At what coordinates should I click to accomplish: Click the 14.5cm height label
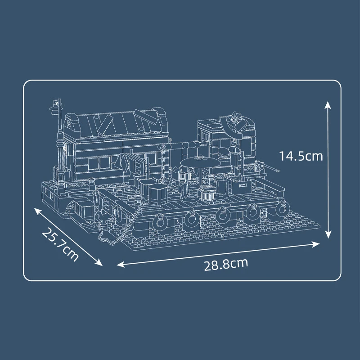coord(301,156)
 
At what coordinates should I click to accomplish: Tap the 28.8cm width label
coord(226,264)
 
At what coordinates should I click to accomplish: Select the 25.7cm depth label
coord(60,244)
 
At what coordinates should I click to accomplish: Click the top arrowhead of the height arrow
coord(328,105)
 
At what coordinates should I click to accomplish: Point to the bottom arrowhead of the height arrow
coord(328,234)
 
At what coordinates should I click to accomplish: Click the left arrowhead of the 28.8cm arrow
coord(121,264)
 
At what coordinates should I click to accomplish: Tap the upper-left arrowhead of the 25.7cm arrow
coord(38,211)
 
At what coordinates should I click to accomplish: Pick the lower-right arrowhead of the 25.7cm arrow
coord(99,262)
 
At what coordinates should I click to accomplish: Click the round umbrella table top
coord(200,163)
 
